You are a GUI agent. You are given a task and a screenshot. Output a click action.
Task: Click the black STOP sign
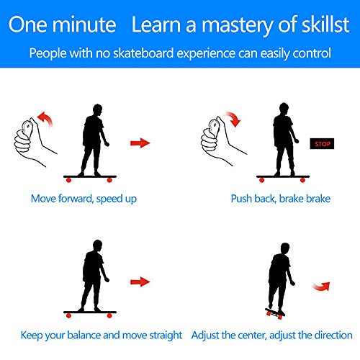pos(322,143)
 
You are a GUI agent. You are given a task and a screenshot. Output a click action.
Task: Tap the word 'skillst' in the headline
pos(325,24)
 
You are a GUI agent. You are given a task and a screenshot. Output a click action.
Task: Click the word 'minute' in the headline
pos(84,24)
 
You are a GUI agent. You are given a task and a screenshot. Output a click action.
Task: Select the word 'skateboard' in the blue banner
pos(143,53)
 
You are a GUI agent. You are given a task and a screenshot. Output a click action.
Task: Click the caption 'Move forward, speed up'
pos(84,199)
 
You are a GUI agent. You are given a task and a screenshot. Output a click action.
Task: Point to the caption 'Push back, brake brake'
pos(281,199)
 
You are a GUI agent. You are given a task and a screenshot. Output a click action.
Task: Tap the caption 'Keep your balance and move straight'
pos(102,336)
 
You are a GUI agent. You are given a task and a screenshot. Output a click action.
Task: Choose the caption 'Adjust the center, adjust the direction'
pos(271,336)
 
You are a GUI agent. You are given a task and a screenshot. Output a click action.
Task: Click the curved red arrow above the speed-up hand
pos(47,117)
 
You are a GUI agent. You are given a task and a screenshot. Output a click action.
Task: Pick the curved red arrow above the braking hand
pos(234,117)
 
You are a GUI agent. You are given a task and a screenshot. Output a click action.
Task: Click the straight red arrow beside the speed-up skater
pos(140,143)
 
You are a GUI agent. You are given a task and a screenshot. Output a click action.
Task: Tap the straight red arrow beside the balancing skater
pos(140,282)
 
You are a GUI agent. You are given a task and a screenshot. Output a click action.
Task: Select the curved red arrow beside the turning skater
pos(322,287)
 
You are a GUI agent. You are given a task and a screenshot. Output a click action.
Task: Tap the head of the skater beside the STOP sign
pos(284,109)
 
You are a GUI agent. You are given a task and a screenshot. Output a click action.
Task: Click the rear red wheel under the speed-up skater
pos(68,180)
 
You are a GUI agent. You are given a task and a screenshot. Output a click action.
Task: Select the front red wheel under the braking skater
pos(302,180)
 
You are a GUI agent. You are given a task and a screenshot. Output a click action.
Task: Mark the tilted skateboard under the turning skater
pos(275,313)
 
